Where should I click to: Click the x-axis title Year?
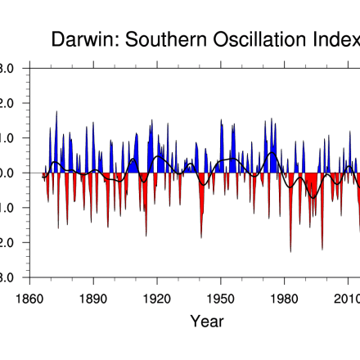tap(206, 322)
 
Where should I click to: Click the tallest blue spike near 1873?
tap(56, 113)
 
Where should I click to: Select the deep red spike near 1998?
tap(322, 248)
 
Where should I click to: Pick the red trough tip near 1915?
tap(146, 235)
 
